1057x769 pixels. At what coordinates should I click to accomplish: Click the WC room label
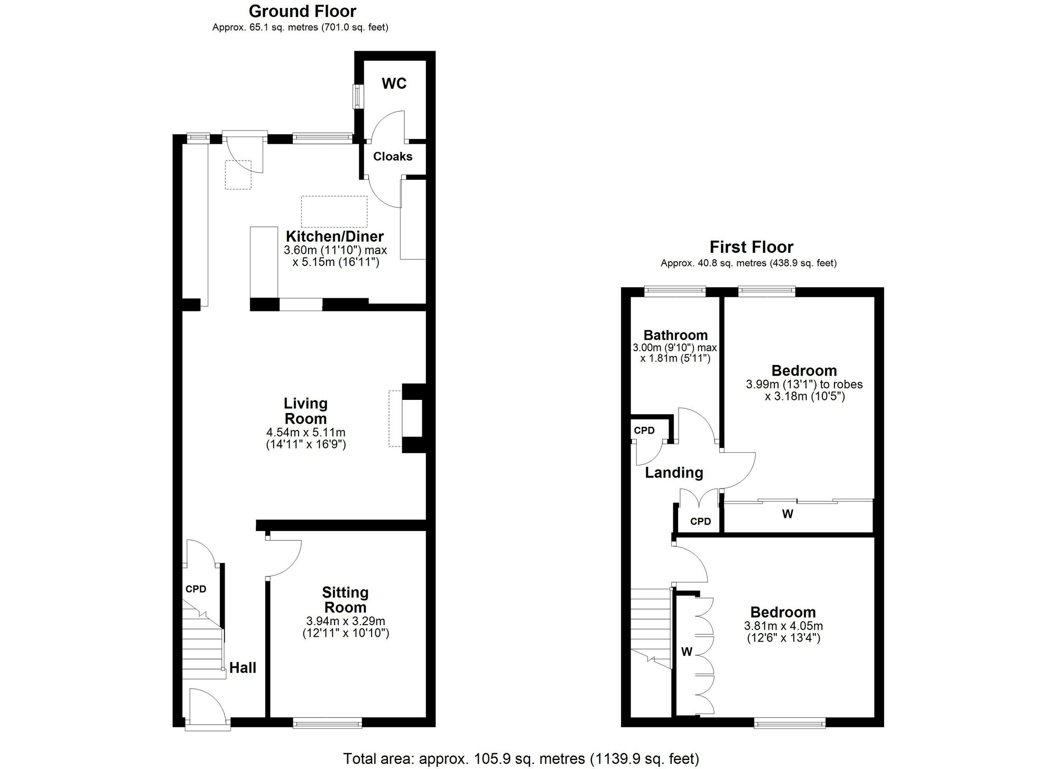394,84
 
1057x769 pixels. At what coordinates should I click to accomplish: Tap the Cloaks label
393,157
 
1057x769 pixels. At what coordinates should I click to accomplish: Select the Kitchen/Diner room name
335,236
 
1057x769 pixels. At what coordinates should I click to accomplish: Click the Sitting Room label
345,600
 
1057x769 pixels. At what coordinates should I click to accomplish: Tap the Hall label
243,668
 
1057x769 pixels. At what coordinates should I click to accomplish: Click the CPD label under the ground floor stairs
196,589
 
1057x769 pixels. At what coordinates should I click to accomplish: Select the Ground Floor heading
302,11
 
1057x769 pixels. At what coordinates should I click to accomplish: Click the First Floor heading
751,247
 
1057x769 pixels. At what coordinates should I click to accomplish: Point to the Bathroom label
675,335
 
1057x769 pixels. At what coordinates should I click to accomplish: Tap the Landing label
674,473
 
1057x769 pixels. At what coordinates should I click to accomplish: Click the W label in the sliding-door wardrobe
787,514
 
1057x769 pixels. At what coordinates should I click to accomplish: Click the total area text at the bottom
521,759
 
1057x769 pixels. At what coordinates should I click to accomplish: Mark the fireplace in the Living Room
412,418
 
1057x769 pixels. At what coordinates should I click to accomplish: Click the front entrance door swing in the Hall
207,704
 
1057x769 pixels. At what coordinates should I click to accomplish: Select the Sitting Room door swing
284,558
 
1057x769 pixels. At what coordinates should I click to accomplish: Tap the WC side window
358,97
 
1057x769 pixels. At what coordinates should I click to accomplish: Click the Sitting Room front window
328,722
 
